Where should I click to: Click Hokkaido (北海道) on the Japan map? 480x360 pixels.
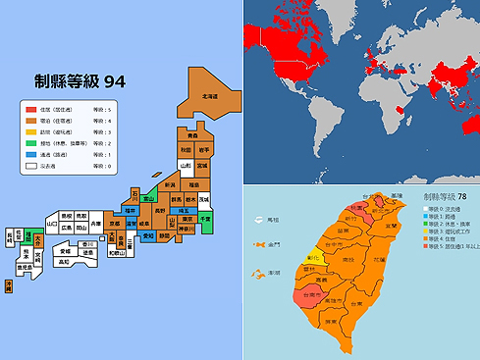pos(208,96)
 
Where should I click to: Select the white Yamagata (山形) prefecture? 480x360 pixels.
pos(184,168)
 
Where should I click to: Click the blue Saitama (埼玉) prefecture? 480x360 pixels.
pos(184,210)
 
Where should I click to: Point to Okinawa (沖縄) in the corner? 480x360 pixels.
pos(9,284)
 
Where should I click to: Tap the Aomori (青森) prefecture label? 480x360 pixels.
pos(191,135)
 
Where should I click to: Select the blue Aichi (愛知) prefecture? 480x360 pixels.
pos(148,235)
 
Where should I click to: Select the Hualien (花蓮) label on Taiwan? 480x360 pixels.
pos(378,261)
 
